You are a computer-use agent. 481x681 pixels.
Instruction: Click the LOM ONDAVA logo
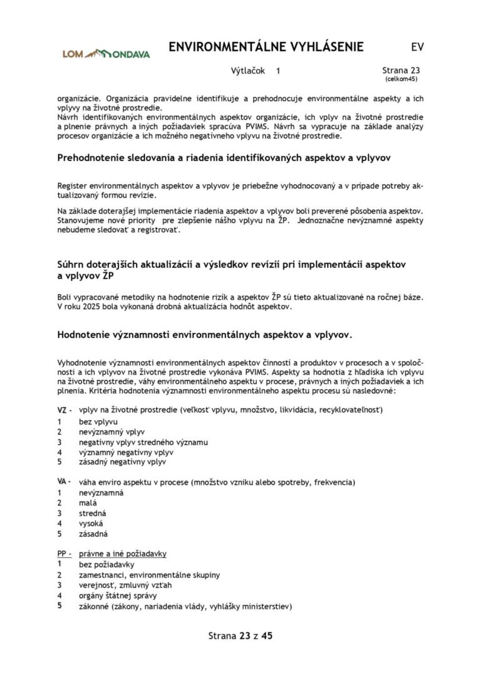106,54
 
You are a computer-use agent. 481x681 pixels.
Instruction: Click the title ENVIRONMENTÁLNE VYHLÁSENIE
266,48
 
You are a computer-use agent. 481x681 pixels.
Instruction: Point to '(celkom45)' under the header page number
401,80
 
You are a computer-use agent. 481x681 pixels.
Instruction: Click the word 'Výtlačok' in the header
249,71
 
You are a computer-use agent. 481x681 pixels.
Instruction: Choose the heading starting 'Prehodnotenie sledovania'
224,158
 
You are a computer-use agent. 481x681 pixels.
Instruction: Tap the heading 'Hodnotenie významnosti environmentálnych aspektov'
205,335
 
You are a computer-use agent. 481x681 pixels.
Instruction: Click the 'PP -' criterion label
65,554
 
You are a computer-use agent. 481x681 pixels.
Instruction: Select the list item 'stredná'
93,513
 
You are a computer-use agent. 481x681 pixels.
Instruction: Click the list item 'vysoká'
91,523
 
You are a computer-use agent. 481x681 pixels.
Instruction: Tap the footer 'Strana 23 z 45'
240,636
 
